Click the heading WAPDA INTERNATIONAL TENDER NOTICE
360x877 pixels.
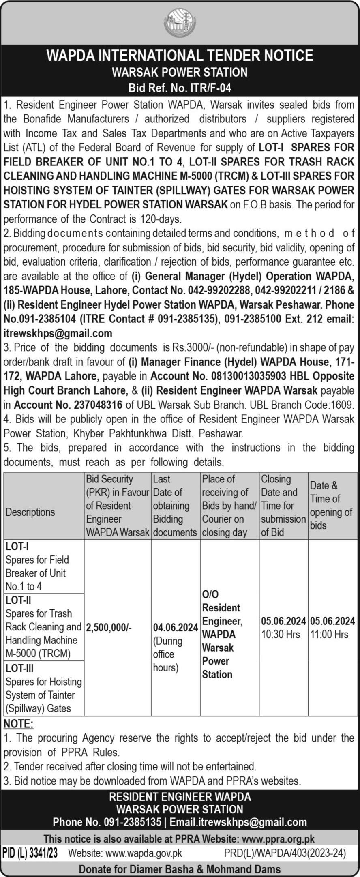click(x=180, y=55)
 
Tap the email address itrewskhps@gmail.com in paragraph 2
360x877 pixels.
click(x=58, y=333)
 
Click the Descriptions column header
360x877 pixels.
click(x=30, y=512)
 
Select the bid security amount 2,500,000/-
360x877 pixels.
click(x=109, y=627)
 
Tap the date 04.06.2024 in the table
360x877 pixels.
click(x=176, y=627)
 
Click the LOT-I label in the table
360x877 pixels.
click(x=17, y=547)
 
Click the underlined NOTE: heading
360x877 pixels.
click(x=18, y=724)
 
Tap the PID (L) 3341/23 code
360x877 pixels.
click(x=30, y=853)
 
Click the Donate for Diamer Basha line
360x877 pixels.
click(x=180, y=869)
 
